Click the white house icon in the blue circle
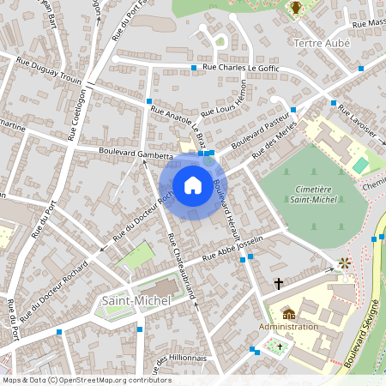click(193, 184)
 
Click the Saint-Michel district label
click(136, 300)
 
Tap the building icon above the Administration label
click(288, 313)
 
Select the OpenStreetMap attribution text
click(86, 380)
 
